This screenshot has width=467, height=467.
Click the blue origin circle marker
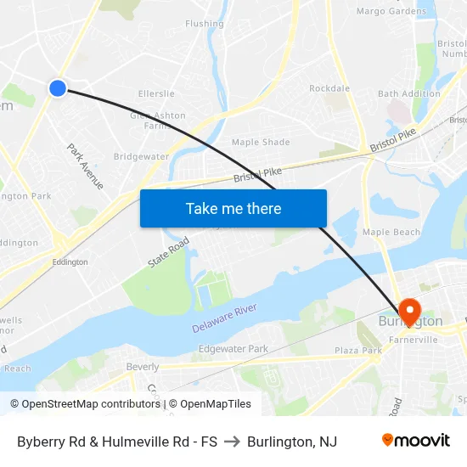pos(58,87)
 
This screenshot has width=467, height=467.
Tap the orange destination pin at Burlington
pos(409,311)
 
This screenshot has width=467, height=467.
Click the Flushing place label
pos(205,24)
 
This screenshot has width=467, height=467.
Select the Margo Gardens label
pos(391,11)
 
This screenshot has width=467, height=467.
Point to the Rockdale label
pos(329,88)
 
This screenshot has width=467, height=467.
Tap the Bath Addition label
pos(404,93)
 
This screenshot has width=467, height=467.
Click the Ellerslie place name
pos(155,93)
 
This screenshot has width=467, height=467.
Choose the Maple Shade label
pos(261,142)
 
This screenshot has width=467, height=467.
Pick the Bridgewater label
pos(142,157)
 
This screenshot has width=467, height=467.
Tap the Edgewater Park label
pos(233,349)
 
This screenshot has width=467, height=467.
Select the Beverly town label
pos(142,367)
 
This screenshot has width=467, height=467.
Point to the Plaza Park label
pos(357,350)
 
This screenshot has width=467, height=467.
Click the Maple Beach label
pos(391,232)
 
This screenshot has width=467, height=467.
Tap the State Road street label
pos(168,253)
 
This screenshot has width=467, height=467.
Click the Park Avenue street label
pos(85,166)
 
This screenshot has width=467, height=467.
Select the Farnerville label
pos(414,340)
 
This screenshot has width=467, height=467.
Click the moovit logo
pos(416,441)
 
